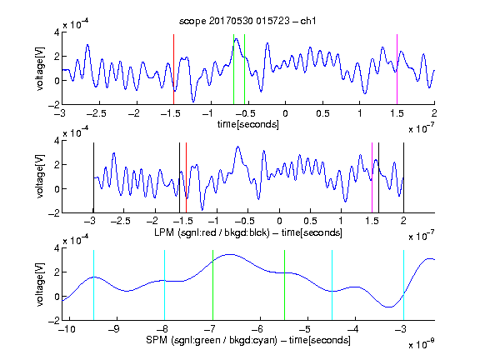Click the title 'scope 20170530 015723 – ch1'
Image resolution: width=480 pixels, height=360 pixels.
point(247,21)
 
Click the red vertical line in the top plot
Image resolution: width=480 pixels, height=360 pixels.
point(173,69)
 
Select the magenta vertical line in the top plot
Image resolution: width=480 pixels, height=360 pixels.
point(397,69)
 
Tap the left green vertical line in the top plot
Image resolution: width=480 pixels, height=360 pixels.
point(233,69)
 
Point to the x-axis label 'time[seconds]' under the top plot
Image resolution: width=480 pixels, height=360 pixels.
point(248,124)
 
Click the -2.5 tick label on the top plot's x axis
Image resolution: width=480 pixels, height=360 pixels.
point(96,113)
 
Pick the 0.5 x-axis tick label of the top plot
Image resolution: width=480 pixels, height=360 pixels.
point(322,113)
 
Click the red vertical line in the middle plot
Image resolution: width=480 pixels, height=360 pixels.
point(186,177)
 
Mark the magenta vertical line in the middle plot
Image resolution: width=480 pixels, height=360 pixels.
point(372,177)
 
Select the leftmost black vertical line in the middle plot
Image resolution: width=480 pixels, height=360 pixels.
point(93,177)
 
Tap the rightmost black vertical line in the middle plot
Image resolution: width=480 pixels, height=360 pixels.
point(403,177)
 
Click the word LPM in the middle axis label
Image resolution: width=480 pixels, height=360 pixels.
point(164,232)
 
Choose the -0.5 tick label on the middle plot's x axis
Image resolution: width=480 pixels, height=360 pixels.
point(244,221)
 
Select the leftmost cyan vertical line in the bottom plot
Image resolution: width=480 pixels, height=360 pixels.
point(93,285)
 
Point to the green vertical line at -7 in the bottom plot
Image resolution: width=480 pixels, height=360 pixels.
point(212,285)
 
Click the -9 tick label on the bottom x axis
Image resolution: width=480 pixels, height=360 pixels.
point(114,329)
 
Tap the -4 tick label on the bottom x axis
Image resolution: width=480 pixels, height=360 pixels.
point(352,329)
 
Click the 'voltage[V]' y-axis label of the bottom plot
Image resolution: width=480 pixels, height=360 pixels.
point(40,284)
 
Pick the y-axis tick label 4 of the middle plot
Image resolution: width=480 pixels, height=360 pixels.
point(57,141)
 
